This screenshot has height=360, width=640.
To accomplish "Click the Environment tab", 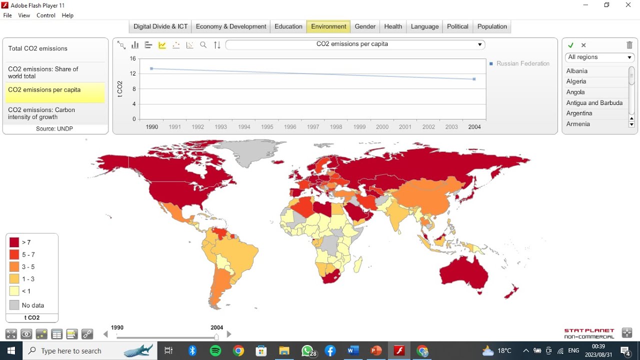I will pyautogui.click(x=328, y=26).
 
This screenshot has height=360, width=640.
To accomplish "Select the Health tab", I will pyautogui.click(x=393, y=26).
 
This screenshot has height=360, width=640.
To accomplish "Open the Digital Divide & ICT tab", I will pyautogui.click(x=160, y=26).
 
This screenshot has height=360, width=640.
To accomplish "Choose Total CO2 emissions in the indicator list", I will pyautogui.click(x=38, y=48).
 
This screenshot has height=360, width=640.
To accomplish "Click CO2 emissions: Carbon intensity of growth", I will pyautogui.click(x=41, y=113).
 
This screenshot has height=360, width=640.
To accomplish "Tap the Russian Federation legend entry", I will pyautogui.click(x=522, y=63).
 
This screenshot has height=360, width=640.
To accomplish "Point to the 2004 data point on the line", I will pyautogui.click(x=474, y=79).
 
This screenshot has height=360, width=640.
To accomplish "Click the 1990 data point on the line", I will pyautogui.click(x=151, y=68).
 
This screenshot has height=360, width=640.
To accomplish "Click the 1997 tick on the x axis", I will pyautogui.click(x=313, y=127).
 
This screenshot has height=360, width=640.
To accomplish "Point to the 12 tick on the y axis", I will pyautogui.click(x=132, y=74).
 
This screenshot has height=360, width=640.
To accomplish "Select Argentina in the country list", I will pyautogui.click(x=579, y=113).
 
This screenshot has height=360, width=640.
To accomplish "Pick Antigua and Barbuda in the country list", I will pyautogui.click(x=594, y=103).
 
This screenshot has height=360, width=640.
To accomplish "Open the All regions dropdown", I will pyautogui.click(x=599, y=57).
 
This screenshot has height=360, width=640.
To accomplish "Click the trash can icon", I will pyautogui.click(x=629, y=45).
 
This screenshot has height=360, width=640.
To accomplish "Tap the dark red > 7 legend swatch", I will pyautogui.click(x=14, y=242).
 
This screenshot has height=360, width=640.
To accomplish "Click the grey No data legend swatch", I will pyautogui.click(x=14, y=305).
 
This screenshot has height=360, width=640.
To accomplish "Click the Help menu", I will pyautogui.click(x=67, y=15).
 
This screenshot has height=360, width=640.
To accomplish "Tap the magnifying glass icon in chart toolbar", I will pyautogui.click(x=203, y=45).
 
